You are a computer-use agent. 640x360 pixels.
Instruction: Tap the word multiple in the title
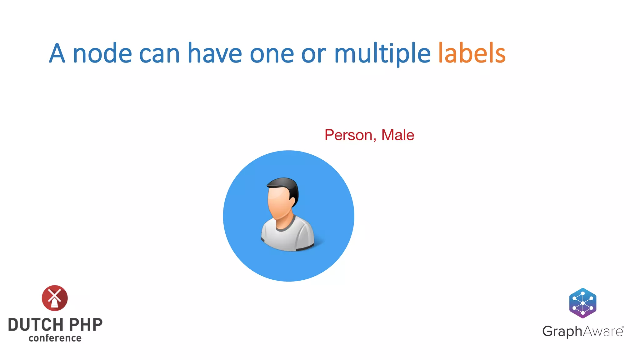pos(382,54)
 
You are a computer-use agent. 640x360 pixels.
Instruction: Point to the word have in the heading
pos(214,53)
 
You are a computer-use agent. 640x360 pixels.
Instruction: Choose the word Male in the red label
pos(397,135)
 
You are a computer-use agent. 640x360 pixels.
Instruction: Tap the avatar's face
pos(279,203)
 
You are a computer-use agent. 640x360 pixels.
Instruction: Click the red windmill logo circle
pos(55,298)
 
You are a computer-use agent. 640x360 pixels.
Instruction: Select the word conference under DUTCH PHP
pos(55,338)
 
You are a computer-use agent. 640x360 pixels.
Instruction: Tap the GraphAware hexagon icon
pos(582,303)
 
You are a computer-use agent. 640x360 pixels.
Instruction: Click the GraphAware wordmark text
pos(582,331)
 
